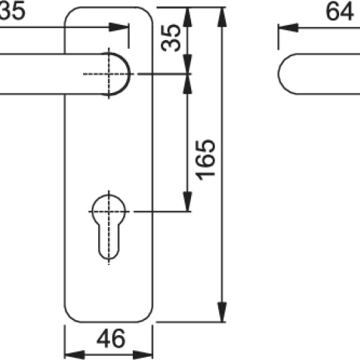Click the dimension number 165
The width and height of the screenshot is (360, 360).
pyautogui.click(x=206, y=160)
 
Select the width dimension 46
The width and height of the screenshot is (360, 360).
pyautogui.click(x=111, y=338)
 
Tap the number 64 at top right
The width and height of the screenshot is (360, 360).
pyautogui.click(x=340, y=11)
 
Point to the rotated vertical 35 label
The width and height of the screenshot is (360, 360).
pyautogui.click(x=171, y=38)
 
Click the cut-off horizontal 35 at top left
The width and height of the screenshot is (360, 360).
pyautogui.click(x=12, y=10)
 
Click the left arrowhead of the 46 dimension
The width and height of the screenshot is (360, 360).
pyautogui.click(x=75, y=355)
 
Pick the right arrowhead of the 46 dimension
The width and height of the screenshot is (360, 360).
pyautogui.click(x=143, y=355)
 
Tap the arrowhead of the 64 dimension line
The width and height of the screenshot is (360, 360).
pyautogui.click(x=288, y=28)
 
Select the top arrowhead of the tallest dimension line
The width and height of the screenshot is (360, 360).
pyautogui.click(x=222, y=17)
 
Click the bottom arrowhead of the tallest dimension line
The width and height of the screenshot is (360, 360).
pyautogui.click(x=222, y=312)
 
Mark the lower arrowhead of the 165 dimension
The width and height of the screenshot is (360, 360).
pyautogui.click(x=187, y=202)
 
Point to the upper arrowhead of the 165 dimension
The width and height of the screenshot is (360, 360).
pyautogui.click(x=187, y=84)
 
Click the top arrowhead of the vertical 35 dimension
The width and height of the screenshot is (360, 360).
pyautogui.click(x=187, y=17)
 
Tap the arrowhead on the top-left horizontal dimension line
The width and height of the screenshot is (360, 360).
pyautogui.click(x=119, y=27)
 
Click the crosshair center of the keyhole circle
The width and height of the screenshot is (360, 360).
pyautogui.click(x=109, y=211)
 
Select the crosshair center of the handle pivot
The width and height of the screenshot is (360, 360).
pyautogui.click(x=109, y=74)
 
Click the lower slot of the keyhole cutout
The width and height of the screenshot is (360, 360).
pyautogui.click(x=109, y=240)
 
